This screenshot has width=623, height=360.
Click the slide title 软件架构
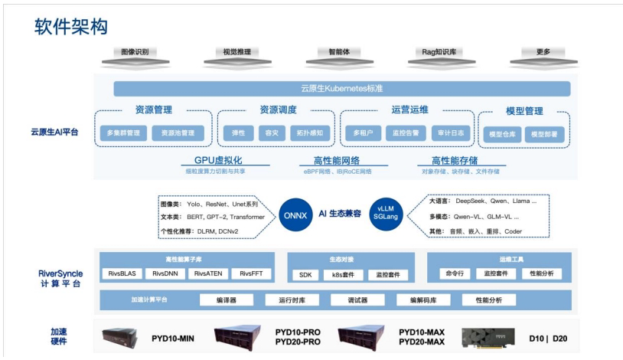(71, 27)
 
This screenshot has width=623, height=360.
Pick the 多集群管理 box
(123, 133)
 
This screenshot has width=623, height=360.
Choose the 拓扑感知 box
(311, 133)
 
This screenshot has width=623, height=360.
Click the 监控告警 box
(406, 133)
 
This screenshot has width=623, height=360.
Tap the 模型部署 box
(543, 134)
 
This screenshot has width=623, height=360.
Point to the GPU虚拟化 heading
(218, 161)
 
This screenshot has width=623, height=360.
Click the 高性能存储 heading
(454, 161)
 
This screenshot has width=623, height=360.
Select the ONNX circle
(292, 213)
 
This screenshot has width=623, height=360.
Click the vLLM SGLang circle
(385, 213)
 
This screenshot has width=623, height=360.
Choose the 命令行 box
(453, 273)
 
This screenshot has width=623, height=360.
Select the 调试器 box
(357, 300)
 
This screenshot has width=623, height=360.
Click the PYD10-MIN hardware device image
(122, 336)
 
